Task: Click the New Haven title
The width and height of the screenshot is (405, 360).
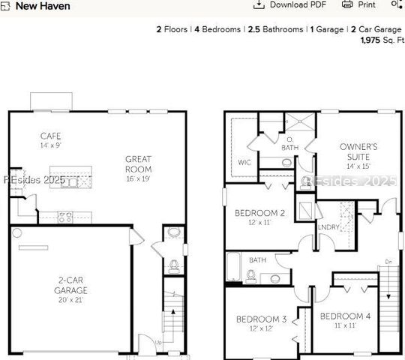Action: tap(43, 6)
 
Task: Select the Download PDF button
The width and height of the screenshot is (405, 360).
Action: tap(290, 4)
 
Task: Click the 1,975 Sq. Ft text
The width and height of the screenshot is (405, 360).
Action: tap(381, 40)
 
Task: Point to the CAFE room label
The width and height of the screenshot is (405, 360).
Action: tap(51, 136)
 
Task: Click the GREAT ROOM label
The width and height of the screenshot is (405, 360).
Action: tap(138, 163)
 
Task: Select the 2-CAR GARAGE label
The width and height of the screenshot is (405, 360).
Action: tap(73, 285)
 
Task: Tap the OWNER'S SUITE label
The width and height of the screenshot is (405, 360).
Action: tap(358, 151)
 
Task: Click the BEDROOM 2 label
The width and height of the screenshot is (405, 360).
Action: tap(259, 212)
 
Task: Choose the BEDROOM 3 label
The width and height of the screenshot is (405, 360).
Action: tap(261, 319)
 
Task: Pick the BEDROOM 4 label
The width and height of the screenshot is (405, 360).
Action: tap(345, 316)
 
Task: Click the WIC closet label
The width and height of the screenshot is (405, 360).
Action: tap(244, 161)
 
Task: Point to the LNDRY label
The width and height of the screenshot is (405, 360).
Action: tap(328, 226)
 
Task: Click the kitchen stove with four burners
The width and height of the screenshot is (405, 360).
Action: tap(65, 217)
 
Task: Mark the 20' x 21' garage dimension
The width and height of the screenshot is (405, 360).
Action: tap(73, 299)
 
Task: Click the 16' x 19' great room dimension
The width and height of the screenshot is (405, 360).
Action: tap(138, 178)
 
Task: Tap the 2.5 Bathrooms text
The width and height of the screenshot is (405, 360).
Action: tap(274, 29)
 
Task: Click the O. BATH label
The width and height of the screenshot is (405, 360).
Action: tap(289, 143)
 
